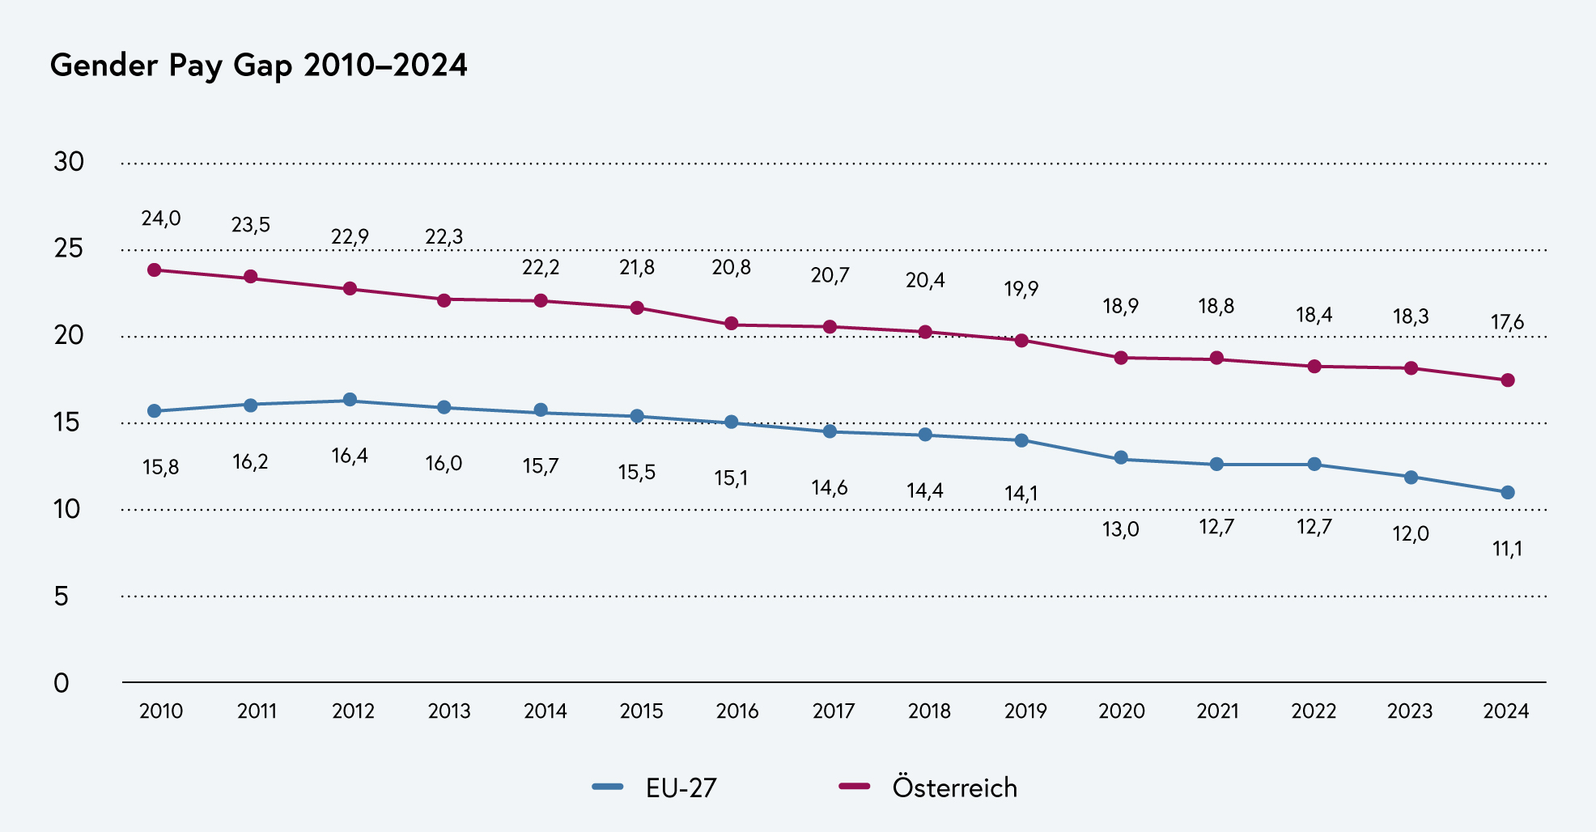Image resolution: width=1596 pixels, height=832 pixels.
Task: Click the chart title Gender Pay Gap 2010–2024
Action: point(258,65)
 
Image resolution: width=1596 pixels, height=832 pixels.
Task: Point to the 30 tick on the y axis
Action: point(69,162)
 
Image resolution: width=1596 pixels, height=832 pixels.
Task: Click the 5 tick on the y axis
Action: point(62,596)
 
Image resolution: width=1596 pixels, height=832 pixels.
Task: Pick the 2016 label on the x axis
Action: point(737,711)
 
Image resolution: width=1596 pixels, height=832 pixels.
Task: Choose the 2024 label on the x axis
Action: point(1505,711)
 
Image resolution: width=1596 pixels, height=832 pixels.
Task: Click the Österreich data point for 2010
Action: point(155,270)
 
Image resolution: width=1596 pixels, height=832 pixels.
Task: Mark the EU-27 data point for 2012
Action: point(350,400)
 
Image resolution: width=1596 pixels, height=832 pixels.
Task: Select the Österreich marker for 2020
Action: point(1121,358)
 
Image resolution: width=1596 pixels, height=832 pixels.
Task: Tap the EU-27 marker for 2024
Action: point(1508,492)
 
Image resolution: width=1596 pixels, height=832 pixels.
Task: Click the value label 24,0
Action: point(161,219)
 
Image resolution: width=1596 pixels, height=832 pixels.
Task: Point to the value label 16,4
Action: point(350,456)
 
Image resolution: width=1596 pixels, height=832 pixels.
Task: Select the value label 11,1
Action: point(1507,550)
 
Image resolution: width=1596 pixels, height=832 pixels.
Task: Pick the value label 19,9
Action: point(1021,289)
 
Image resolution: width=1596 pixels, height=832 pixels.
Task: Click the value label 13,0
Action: point(1120,530)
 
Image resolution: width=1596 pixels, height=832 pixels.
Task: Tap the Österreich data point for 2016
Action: point(731,324)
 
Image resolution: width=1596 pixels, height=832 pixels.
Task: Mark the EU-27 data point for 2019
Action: point(1021,440)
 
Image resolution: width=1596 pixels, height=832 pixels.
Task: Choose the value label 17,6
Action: point(1507,323)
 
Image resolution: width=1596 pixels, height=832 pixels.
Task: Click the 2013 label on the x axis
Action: point(449,711)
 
